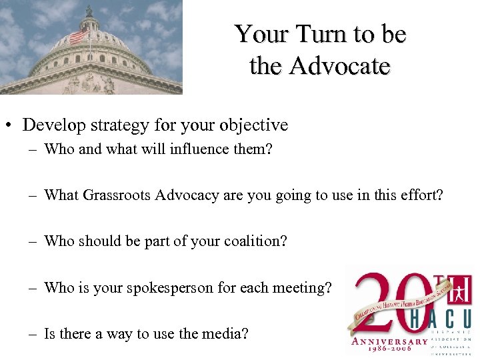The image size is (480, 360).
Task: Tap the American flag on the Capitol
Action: (79, 35)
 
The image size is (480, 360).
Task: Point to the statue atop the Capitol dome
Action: (89, 10)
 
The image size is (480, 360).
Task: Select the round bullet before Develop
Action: (10, 125)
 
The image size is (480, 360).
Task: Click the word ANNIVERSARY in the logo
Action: (391, 341)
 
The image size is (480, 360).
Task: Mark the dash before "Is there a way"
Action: (33, 333)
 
